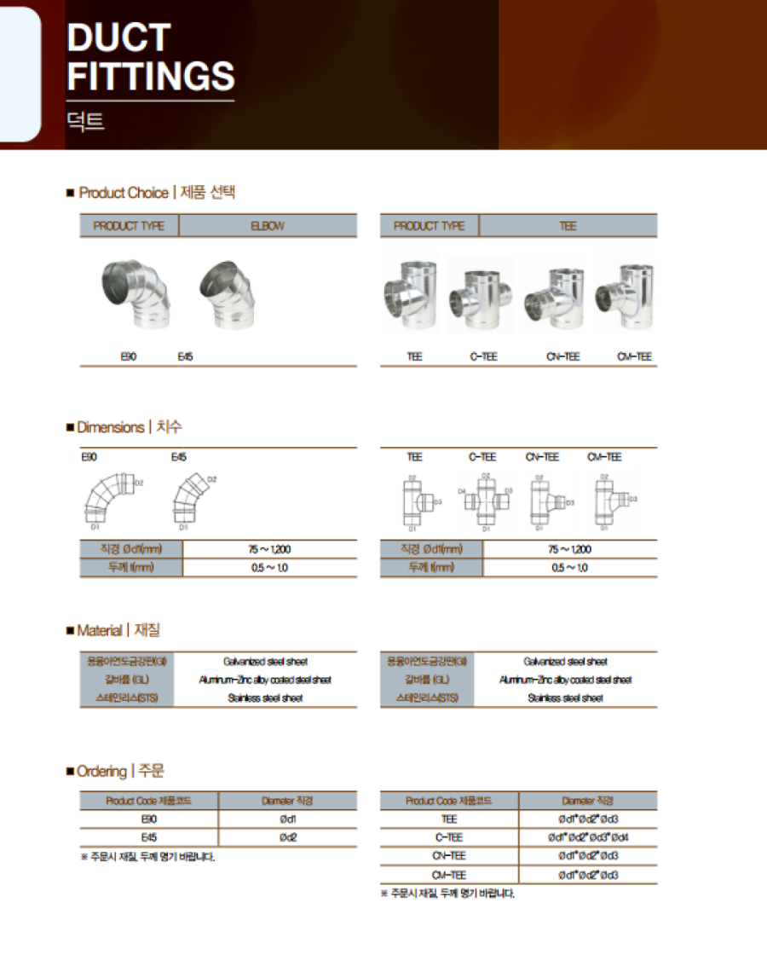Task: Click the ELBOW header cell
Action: click(268, 226)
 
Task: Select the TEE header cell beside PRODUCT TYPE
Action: click(568, 226)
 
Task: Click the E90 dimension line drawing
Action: click(107, 499)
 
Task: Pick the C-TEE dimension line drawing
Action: click(485, 502)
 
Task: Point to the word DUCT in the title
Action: click(118, 38)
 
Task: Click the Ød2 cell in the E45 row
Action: click(287, 837)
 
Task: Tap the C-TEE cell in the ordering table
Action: click(449, 837)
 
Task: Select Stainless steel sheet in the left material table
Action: click(265, 698)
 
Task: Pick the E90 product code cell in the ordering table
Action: click(149, 819)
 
